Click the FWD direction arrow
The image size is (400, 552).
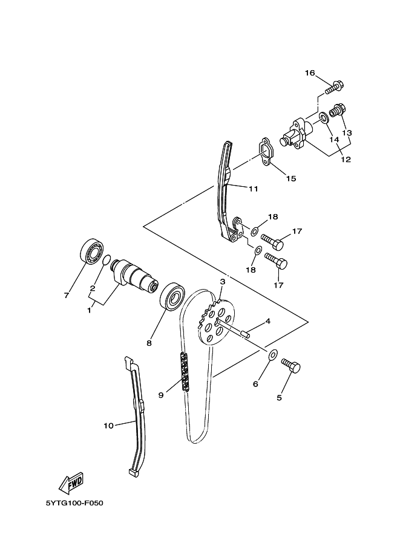coord(71,482)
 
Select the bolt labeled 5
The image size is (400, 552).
coord(291,366)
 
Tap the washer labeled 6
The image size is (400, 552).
coord(272,355)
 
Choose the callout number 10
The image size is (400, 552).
coord(108,426)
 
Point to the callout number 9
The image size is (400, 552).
coord(161,395)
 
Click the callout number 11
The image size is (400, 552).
coord(253,189)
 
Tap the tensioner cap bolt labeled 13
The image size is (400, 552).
coord(339,112)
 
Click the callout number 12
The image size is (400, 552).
coord(346,160)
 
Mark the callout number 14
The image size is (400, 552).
coord(334,140)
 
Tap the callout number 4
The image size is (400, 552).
coord(267,321)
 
